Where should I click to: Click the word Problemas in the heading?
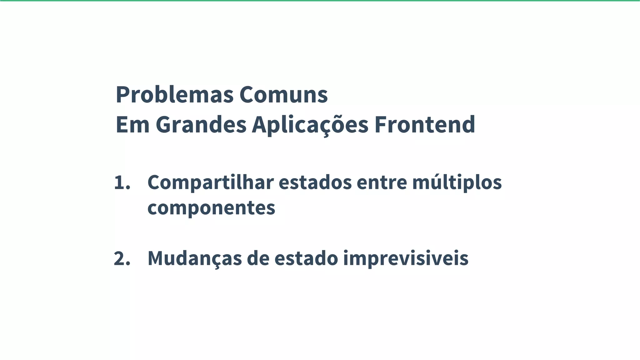174,95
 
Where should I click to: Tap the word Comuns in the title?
283,95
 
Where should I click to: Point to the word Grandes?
201,125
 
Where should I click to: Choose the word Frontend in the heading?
425,125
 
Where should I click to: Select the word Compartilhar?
211,183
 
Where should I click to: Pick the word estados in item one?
315,183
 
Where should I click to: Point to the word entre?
382,183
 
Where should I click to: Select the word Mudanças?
195,259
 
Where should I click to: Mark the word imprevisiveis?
406,259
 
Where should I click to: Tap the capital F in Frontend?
381,125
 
